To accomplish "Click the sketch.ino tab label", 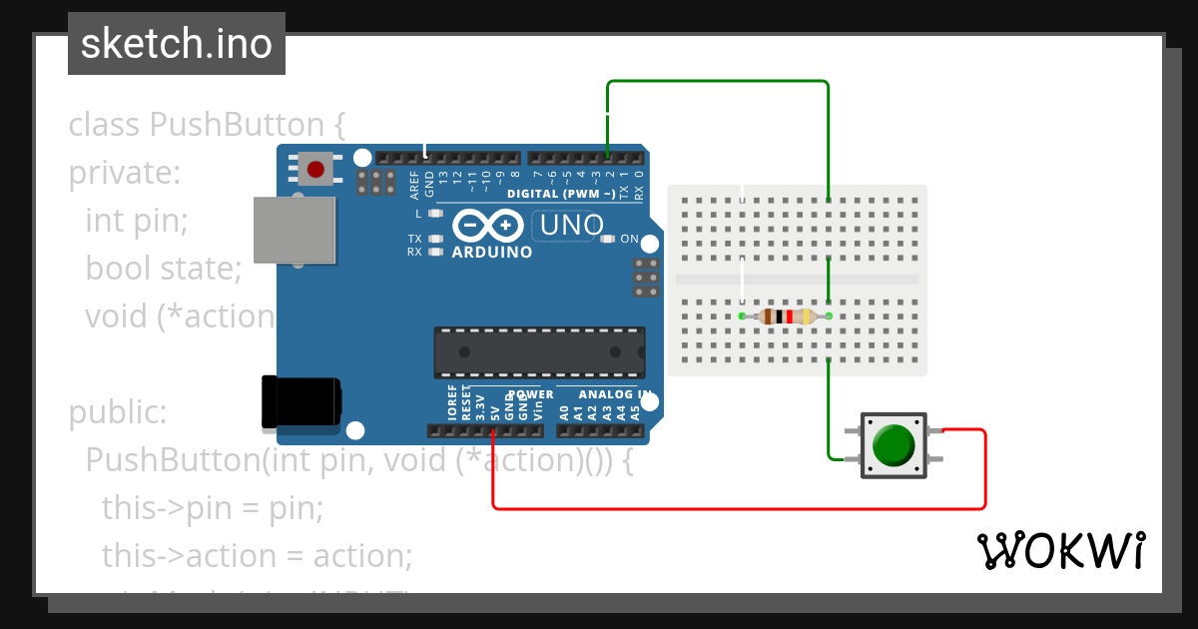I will pyautogui.click(x=177, y=44).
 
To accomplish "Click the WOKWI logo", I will pyautogui.click(x=1060, y=550).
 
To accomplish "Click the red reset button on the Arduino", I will pyautogui.click(x=316, y=168).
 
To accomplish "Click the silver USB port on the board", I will pyautogui.click(x=294, y=230).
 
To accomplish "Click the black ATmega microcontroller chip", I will pyautogui.click(x=538, y=351).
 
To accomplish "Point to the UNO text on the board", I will pyautogui.click(x=571, y=226).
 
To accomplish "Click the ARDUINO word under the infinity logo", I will pyautogui.click(x=492, y=253).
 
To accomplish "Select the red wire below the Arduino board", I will pyautogui.click(x=739, y=508).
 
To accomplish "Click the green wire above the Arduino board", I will pyautogui.click(x=719, y=81).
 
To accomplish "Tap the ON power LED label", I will pyautogui.click(x=630, y=240).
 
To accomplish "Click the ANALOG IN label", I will pyautogui.click(x=604, y=395).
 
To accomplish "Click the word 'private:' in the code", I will pyautogui.click(x=124, y=174).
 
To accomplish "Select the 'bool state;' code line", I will pyautogui.click(x=164, y=269).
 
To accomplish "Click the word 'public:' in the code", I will pyautogui.click(x=118, y=412).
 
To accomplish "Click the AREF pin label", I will pyautogui.click(x=415, y=182).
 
